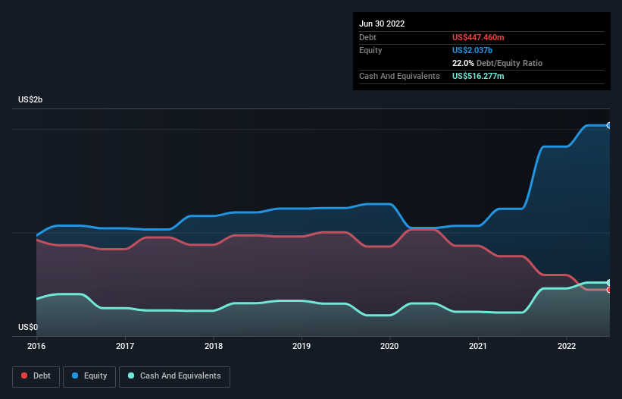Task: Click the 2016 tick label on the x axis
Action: click(36, 345)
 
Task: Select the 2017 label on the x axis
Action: click(125, 345)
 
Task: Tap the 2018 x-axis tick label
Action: click(214, 345)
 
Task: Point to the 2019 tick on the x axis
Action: click(302, 345)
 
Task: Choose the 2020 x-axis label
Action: click(390, 345)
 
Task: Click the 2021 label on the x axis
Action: click(478, 345)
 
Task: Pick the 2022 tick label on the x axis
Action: click(567, 345)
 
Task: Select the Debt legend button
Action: click(35, 376)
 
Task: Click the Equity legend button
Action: click(89, 376)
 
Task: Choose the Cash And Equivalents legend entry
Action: click(174, 376)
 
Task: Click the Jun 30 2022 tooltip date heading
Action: click(382, 24)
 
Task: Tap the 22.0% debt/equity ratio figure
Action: click(464, 63)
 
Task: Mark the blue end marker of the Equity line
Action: click(609, 125)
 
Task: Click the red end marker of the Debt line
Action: click(609, 290)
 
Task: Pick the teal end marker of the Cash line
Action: click(609, 282)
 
